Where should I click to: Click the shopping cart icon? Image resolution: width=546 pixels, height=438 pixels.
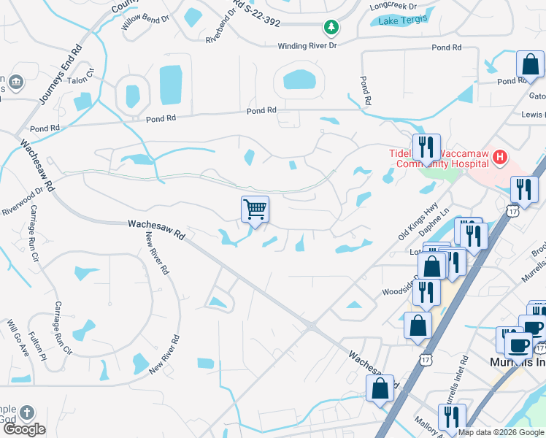tap(255, 210)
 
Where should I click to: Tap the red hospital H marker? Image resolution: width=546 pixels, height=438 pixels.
tap(500, 156)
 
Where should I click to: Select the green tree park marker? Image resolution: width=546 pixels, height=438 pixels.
tap(331, 27)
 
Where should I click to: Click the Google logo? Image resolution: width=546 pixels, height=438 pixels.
tap(25, 429)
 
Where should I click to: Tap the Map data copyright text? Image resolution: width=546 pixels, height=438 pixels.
tap(501, 432)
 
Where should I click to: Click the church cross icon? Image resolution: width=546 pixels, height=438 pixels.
tap(27, 413)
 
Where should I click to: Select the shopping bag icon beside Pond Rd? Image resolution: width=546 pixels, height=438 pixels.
tap(530, 65)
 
